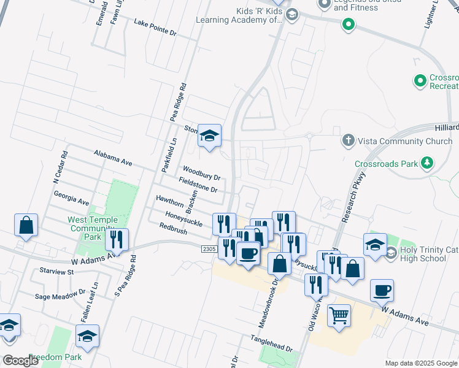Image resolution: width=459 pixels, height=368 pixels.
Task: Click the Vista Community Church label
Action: click(406, 141)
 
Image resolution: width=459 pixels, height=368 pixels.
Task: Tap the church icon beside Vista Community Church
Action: click(348, 141)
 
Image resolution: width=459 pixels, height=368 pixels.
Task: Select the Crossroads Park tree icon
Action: click(426, 164)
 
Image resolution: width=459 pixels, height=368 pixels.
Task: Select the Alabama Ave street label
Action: click(113, 158)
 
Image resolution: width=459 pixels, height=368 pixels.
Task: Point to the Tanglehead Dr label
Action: click(271, 343)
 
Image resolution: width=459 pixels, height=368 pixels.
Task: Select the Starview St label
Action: click(56, 270)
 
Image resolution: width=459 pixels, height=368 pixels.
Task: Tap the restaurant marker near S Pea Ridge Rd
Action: click(117, 240)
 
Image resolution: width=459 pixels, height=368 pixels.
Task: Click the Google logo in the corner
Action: click(21, 360)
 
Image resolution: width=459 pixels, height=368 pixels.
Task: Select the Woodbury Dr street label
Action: click(201, 173)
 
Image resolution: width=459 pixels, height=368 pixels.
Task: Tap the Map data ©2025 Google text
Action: click(420, 363)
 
